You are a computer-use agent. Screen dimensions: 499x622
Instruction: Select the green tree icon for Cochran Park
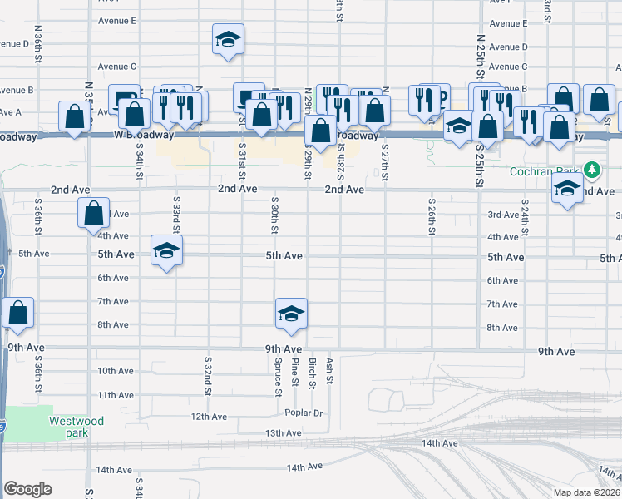(592, 170)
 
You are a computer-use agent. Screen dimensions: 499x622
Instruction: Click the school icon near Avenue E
(228, 39)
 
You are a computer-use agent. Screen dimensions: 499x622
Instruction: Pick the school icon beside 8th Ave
(291, 313)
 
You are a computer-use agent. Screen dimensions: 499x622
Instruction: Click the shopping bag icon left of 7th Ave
(17, 313)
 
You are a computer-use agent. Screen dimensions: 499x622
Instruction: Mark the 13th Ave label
(283, 433)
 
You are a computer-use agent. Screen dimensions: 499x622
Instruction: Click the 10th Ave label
(116, 371)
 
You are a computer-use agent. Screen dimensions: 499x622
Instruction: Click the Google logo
(27, 489)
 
